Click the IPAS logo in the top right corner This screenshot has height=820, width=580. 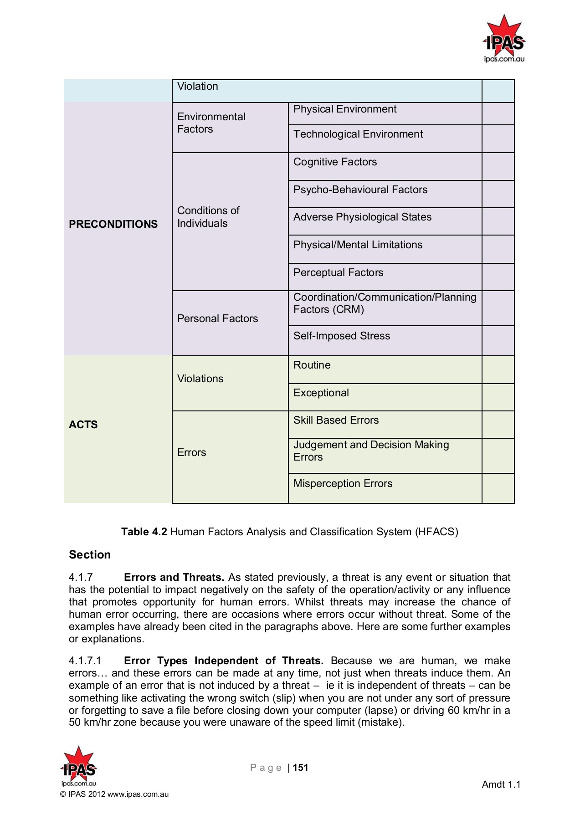click(504, 39)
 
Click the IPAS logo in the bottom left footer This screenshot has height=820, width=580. click(78, 767)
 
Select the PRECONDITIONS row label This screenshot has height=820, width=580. click(113, 224)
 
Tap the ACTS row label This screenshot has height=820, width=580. click(83, 425)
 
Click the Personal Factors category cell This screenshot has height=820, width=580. click(217, 319)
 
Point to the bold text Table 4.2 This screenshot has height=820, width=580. click(144, 532)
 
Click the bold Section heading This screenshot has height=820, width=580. click(90, 555)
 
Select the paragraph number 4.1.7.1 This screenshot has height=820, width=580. click(85, 661)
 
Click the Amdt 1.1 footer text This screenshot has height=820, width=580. click(501, 784)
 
